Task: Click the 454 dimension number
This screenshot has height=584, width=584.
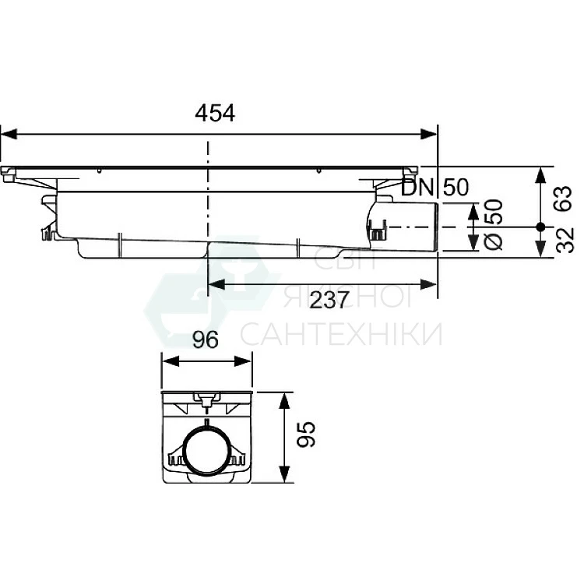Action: (x=215, y=113)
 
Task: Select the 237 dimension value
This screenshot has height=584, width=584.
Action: (x=329, y=301)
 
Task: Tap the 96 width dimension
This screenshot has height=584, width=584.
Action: (x=206, y=340)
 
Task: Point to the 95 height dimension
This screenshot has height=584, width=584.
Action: (x=306, y=434)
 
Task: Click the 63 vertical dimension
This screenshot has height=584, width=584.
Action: (x=563, y=199)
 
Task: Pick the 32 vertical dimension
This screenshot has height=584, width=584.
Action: (x=565, y=241)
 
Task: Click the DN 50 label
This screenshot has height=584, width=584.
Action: (x=435, y=187)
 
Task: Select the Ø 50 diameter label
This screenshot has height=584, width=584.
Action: (x=494, y=224)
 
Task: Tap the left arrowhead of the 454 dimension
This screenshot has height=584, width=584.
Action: (x=9, y=134)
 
